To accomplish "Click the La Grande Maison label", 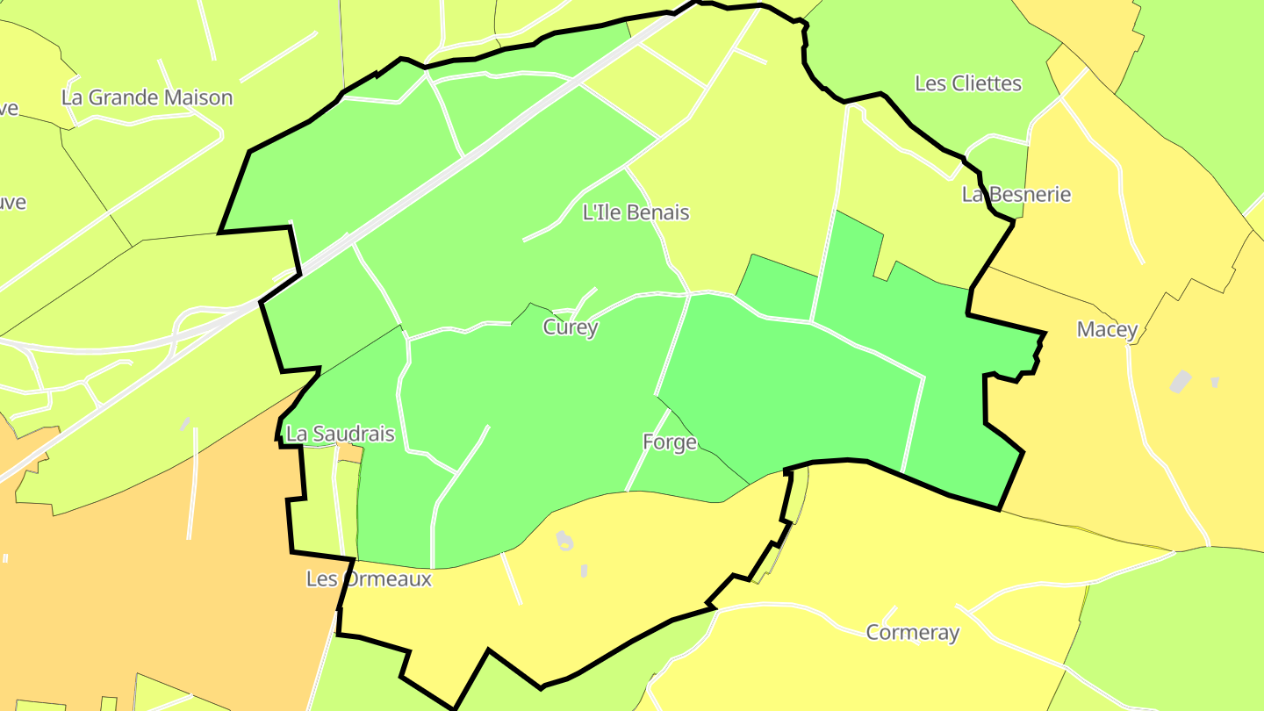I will pyautogui.click(x=147, y=97).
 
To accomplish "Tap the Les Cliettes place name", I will pyautogui.click(x=968, y=83).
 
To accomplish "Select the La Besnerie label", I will pyautogui.click(x=1016, y=194).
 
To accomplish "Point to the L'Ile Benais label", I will pyautogui.click(x=636, y=212).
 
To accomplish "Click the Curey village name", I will pyautogui.click(x=571, y=327).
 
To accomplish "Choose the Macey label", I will pyautogui.click(x=1107, y=330).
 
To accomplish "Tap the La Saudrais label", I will pyautogui.click(x=341, y=434).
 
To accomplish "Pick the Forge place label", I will pyautogui.click(x=670, y=442).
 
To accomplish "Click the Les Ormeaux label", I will pyautogui.click(x=369, y=579).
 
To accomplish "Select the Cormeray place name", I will pyautogui.click(x=912, y=632).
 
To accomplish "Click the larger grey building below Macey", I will pyautogui.click(x=1181, y=382).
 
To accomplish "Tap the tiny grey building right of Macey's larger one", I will pyautogui.click(x=1215, y=382).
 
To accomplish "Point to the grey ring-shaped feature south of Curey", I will pyautogui.click(x=564, y=541).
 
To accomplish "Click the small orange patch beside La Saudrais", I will pyautogui.click(x=350, y=454).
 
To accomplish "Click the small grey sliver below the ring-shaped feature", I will pyautogui.click(x=585, y=571).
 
